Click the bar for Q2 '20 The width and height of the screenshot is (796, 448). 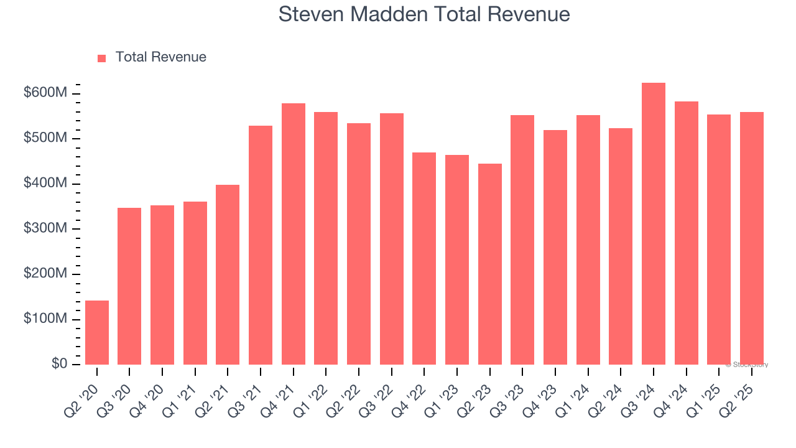click(97, 332)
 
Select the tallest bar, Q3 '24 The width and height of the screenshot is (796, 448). click(654, 224)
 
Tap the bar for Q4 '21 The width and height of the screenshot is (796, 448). click(294, 234)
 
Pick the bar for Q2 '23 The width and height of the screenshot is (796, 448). click(490, 264)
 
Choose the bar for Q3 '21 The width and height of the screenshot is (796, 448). click(261, 245)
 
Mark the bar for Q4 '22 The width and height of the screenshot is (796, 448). click(424, 258)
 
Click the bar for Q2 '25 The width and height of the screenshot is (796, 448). click(752, 238)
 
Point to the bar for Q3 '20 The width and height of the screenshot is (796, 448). click(129, 286)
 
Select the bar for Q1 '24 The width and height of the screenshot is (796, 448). click(588, 240)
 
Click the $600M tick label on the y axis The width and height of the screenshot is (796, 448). click(45, 93)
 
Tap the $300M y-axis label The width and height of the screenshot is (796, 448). click(45, 229)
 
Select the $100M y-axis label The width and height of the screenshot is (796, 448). click(45, 319)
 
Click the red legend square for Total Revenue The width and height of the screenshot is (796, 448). click(102, 58)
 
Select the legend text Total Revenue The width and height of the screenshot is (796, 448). click(160, 57)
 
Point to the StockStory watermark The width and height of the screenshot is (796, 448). click(747, 365)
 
